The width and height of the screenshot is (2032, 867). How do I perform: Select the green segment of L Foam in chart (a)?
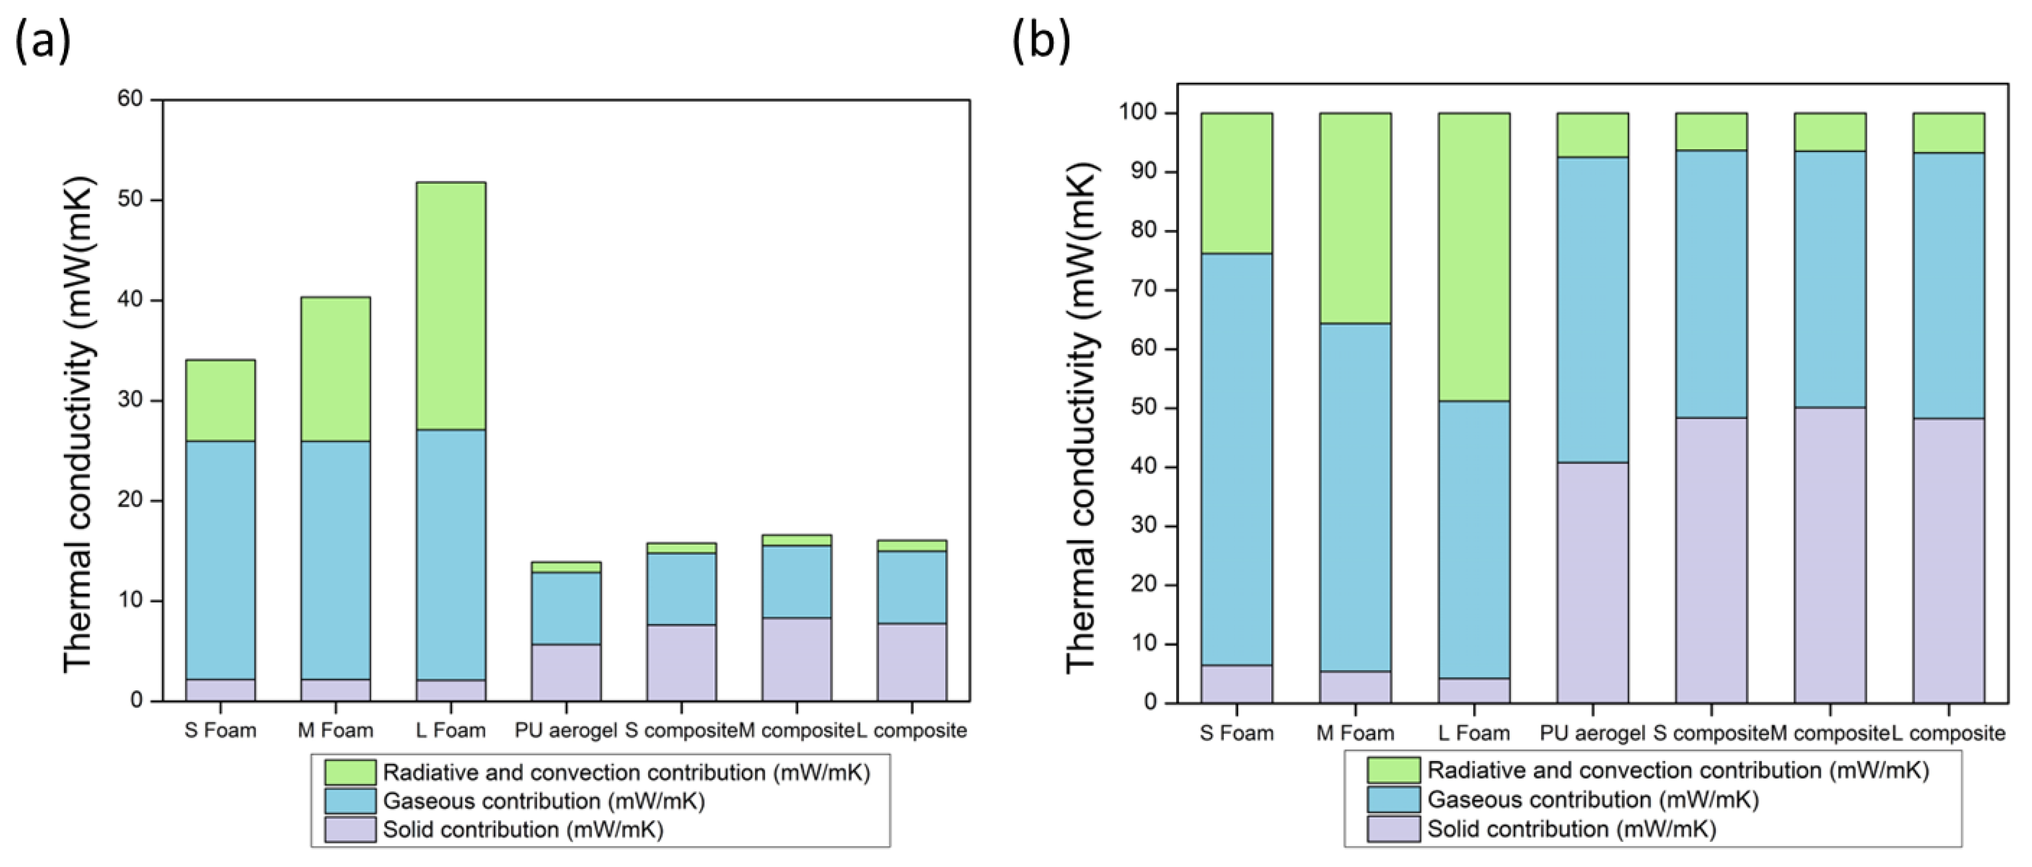pyautogui.click(x=451, y=306)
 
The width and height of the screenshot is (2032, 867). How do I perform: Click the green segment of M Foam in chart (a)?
pyautogui.click(x=335, y=369)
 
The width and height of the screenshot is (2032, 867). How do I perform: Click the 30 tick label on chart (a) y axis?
pyautogui.click(x=131, y=400)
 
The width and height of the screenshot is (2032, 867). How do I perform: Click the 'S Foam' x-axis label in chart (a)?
pyautogui.click(x=220, y=730)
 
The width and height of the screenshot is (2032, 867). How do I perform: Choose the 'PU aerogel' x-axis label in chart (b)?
pyautogui.click(x=1592, y=733)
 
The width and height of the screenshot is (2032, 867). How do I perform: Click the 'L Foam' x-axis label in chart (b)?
pyautogui.click(x=1474, y=733)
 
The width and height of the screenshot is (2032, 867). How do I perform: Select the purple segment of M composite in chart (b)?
pyautogui.click(x=1830, y=555)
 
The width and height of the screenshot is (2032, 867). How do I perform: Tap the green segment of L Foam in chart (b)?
pyautogui.click(x=1474, y=257)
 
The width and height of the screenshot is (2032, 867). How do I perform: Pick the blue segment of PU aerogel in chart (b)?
pyautogui.click(x=1592, y=309)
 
